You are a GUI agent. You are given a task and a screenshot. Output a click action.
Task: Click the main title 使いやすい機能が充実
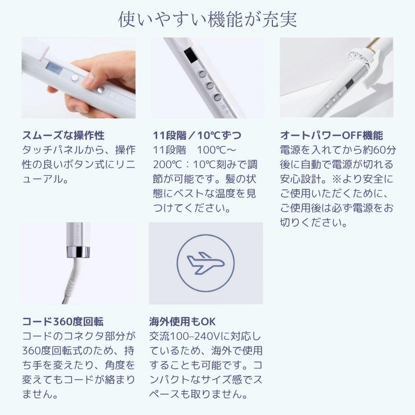208,19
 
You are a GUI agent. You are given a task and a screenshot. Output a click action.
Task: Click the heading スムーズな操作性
63,136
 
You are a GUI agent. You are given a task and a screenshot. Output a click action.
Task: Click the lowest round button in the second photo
217,97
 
